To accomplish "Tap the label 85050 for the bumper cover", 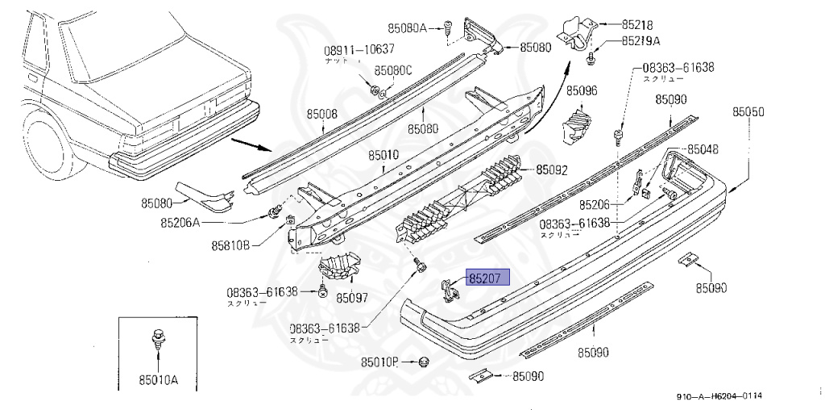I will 748,112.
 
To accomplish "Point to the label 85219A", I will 641,41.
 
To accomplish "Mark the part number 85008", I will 321,115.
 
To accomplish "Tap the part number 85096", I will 581,91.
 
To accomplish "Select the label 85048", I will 703,149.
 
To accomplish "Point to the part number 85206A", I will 180,222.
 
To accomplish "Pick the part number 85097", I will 352,298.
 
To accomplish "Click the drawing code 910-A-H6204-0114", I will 719,396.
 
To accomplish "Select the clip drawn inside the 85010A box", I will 157,342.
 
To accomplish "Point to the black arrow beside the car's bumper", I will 251,147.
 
